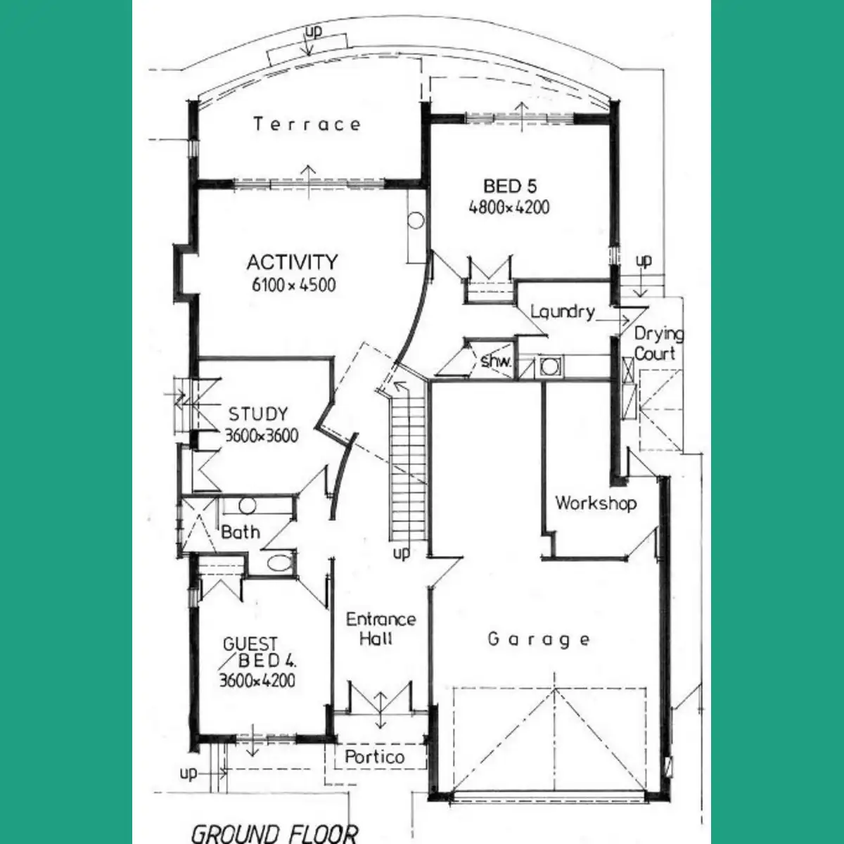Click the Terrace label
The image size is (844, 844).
click(x=307, y=124)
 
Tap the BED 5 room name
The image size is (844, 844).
click(x=509, y=186)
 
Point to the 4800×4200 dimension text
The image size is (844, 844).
click(x=509, y=207)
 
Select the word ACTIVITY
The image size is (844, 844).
click(x=292, y=262)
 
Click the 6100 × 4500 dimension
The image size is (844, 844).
click(x=293, y=285)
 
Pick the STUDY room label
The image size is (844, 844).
click(x=258, y=414)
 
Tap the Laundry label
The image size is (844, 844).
click(x=563, y=312)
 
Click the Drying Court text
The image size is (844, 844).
click(x=658, y=344)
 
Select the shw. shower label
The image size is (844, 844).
click(x=496, y=362)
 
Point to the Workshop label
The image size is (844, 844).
click(x=596, y=504)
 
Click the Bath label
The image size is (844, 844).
click(x=241, y=532)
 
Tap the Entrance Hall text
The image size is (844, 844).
click(x=381, y=629)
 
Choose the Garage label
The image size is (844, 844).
click(x=539, y=640)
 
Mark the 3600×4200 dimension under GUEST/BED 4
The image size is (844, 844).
click(x=257, y=681)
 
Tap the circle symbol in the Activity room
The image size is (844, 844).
click(x=416, y=220)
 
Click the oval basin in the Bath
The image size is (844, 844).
click(x=279, y=563)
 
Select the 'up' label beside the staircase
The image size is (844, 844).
click(x=401, y=554)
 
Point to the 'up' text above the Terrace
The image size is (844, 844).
click(x=313, y=31)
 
